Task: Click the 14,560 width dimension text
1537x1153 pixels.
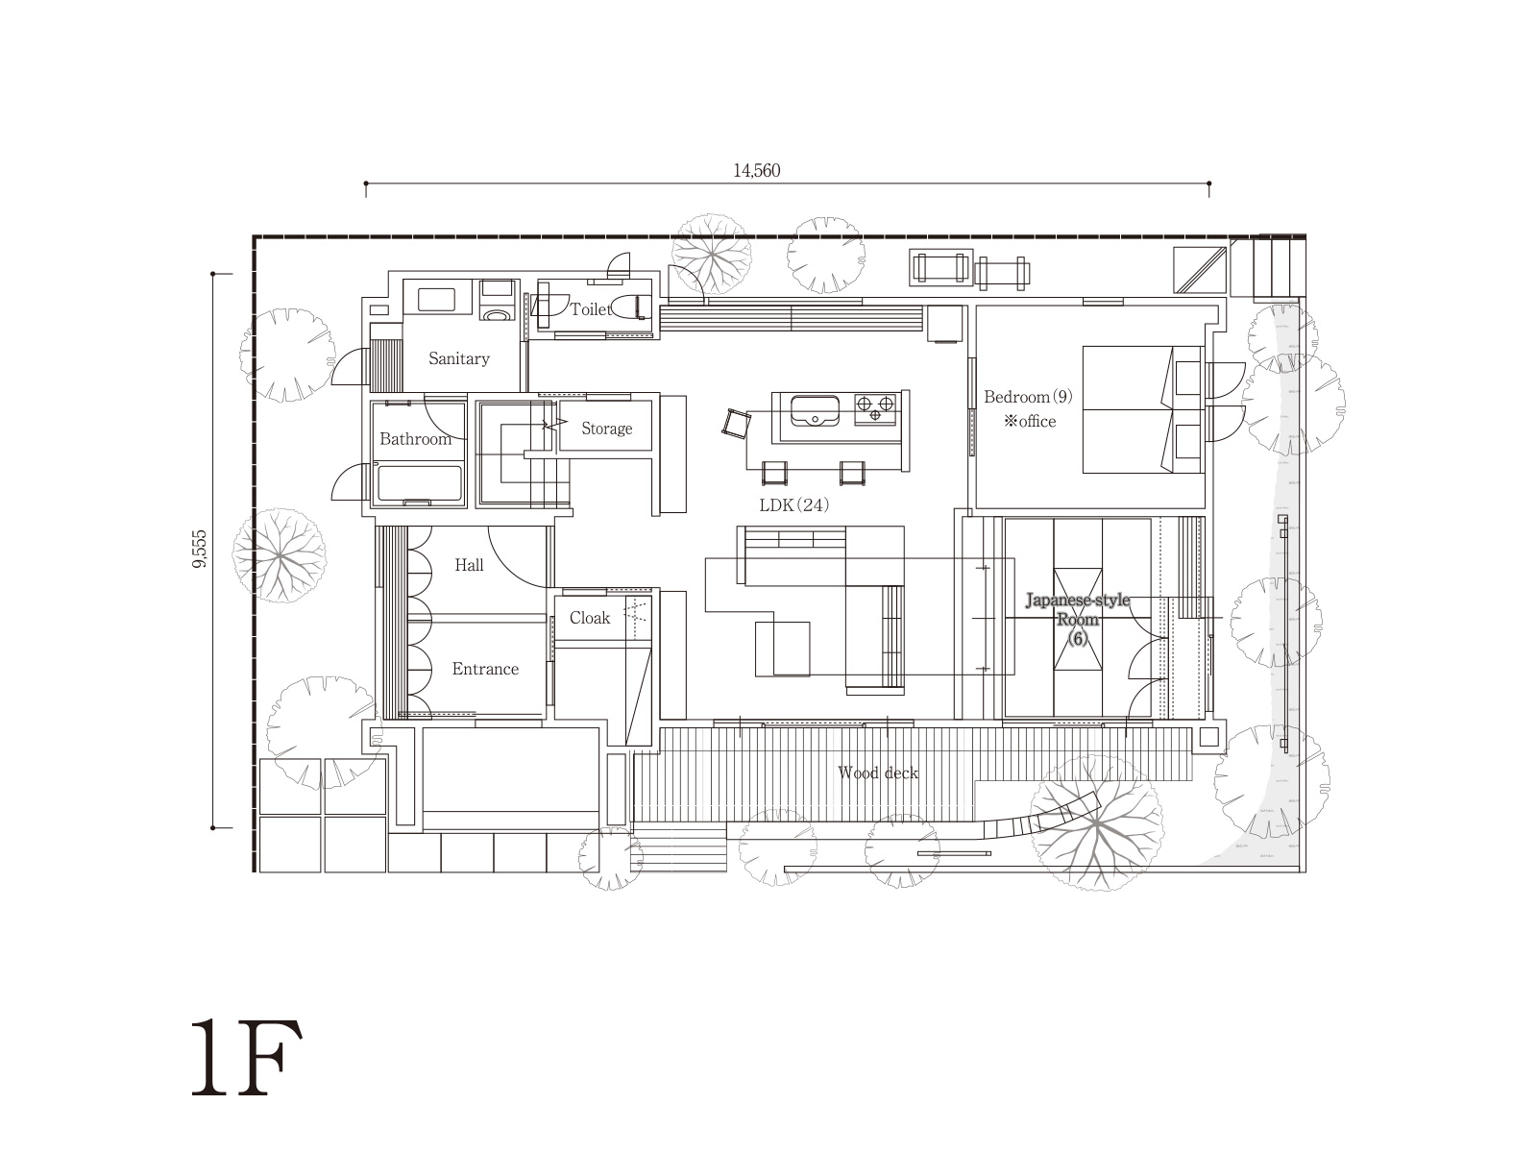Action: tap(756, 170)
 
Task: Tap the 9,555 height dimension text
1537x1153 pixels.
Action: tap(200, 549)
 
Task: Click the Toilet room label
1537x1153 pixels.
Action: tap(590, 309)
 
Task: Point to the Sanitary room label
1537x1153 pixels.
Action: tap(458, 358)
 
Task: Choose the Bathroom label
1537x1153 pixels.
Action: tap(415, 439)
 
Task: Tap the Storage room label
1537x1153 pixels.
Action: tap(606, 429)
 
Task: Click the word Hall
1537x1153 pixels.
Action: tap(469, 565)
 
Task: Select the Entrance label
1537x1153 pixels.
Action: tap(485, 669)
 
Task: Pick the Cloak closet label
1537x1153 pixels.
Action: tap(590, 618)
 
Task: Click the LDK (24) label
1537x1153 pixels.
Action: tap(794, 504)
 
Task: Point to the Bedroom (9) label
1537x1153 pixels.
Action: tap(1028, 397)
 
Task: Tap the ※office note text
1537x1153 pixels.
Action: tap(1030, 422)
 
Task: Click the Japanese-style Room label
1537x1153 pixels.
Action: tap(1078, 610)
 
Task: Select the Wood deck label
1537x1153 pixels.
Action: tap(878, 773)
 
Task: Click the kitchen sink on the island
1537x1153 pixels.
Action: tap(815, 411)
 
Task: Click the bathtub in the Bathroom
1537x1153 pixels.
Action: tap(418, 483)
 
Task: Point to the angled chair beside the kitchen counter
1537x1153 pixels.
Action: tap(736, 424)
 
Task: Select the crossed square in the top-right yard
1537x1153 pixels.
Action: tap(1200, 270)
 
